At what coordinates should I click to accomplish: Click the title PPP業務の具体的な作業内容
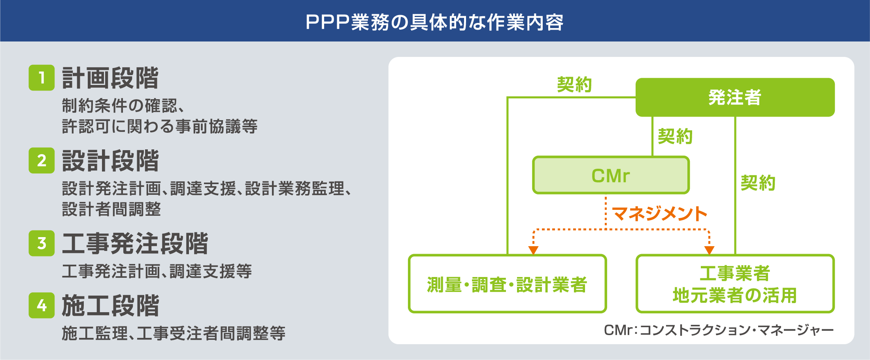pyautogui.click(x=435, y=22)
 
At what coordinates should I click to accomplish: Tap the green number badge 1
pyautogui.click(x=42, y=78)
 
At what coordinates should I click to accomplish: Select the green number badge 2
pyautogui.click(x=42, y=160)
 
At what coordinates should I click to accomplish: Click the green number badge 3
pyautogui.click(x=42, y=243)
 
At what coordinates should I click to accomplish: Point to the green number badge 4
pyautogui.click(x=42, y=305)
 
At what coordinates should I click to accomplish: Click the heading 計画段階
pyautogui.click(x=110, y=78)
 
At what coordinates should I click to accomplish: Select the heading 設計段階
pyautogui.click(x=110, y=160)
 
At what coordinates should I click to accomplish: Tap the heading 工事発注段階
pyautogui.click(x=135, y=243)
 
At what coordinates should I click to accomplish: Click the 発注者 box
pyautogui.click(x=735, y=97)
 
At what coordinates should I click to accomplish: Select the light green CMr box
pyautogui.click(x=611, y=175)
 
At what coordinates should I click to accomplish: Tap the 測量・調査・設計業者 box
pyautogui.click(x=507, y=284)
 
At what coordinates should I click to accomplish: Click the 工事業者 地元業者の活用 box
pyautogui.click(x=735, y=284)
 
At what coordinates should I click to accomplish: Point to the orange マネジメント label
pyautogui.click(x=660, y=214)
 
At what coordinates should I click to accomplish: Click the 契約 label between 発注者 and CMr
pyautogui.click(x=675, y=136)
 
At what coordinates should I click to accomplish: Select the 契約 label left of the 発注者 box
pyautogui.click(x=574, y=84)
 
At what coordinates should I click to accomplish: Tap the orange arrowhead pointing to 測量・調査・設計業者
pyautogui.click(x=533, y=250)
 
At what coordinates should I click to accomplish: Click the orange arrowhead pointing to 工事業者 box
pyautogui.click(x=710, y=250)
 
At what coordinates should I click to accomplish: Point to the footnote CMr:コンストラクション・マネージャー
pyautogui.click(x=719, y=330)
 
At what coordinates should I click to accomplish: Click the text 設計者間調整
pyautogui.click(x=111, y=209)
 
